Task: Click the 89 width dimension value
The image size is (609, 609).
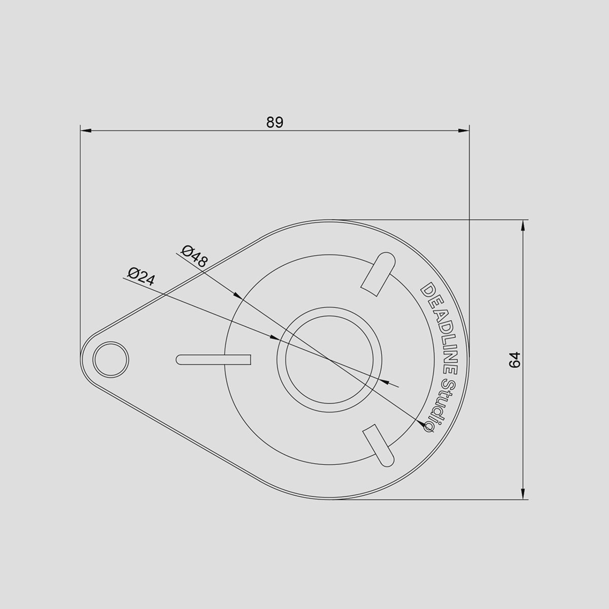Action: [x=275, y=123]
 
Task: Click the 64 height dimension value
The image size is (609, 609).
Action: [x=515, y=360]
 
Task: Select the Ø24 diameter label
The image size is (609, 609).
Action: [x=141, y=277]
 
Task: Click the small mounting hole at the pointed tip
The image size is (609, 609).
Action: [x=111, y=360]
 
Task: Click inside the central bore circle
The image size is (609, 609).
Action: [x=329, y=360]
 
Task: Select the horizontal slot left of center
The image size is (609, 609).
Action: [x=213, y=360]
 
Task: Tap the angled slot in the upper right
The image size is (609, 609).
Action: [x=378, y=274]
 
